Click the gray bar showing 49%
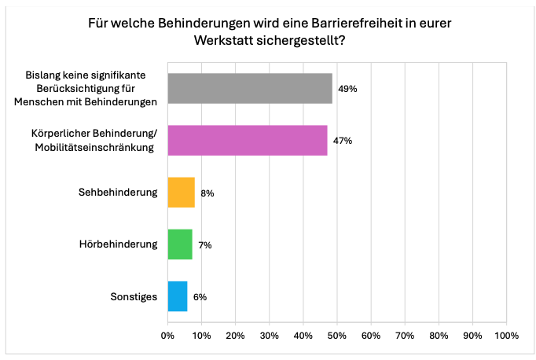point(250,88)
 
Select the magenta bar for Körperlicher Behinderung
point(248,141)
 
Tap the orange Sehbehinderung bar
point(182,193)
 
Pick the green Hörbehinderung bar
point(180,244)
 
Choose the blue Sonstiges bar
point(178,296)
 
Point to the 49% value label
point(347,89)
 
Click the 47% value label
point(343,141)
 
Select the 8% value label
point(207,193)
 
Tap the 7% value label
point(205,245)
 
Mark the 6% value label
point(200,297)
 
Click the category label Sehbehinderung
point(118,192)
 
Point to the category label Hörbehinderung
point(118,244)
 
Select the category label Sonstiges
point(134,296)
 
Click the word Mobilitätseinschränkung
point(94,147)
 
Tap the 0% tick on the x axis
point(167,336)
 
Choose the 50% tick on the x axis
point(337,336)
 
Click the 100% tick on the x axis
point(507,336)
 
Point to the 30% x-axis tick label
point(270,336)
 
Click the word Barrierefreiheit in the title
point(358,24)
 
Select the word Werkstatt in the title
point(223,40)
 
